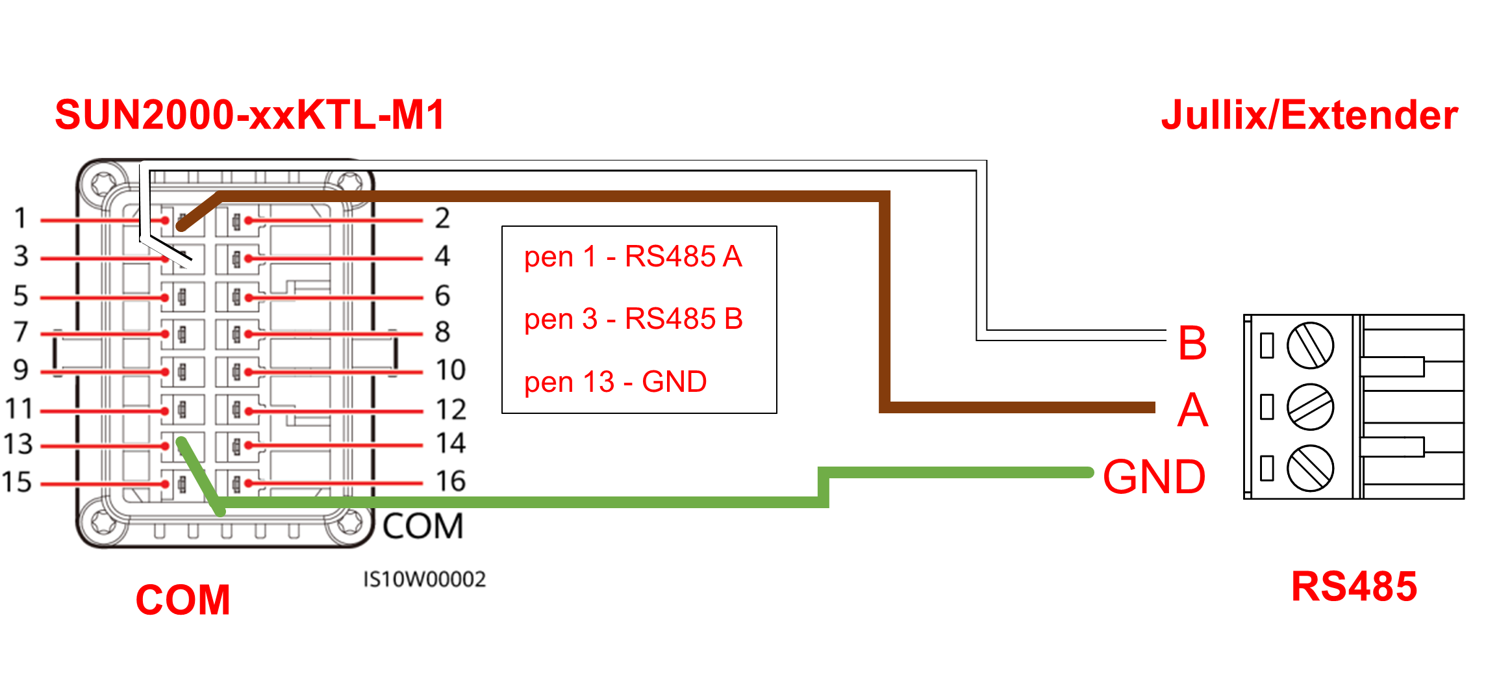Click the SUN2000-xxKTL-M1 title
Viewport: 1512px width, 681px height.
point(250,115)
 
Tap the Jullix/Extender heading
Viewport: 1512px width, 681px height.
point(1309,116)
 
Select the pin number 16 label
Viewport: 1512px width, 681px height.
point(451,482)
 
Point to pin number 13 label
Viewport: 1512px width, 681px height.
point(18,444)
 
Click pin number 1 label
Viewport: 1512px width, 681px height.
point(21,218)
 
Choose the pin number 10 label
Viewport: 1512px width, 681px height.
point(451,370)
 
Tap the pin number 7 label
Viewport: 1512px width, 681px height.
point(21,332)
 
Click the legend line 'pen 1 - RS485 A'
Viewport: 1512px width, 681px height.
point(633,257)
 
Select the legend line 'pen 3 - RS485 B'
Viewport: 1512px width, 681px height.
point(633,319)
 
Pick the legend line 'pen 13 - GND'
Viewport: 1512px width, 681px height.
point(615,382)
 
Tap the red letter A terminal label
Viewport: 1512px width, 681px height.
point(1192,411)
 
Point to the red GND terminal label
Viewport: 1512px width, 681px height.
point(1154,477)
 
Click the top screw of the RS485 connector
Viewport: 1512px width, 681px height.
point(1310,345)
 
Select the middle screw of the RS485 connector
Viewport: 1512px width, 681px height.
point(1310,407)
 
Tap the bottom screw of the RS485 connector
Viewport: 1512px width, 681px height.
point(1310,468)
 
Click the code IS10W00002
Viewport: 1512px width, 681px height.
point(424,580)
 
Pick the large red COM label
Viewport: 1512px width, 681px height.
point(183,600)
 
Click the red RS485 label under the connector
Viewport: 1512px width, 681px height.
point(1354,587)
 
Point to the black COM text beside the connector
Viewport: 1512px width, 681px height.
point(423,526)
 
